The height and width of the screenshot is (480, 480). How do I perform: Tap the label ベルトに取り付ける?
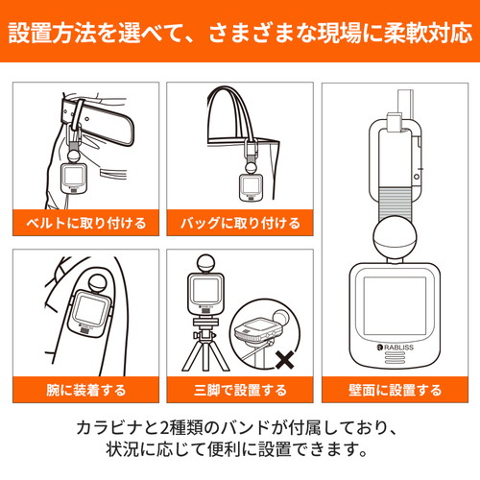[x=86, y=223]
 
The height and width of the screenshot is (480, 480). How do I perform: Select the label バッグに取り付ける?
[x=240, y=223]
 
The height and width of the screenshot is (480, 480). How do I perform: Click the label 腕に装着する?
[x=86, y=390]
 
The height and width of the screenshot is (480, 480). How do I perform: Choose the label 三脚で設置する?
[x=240, y=390]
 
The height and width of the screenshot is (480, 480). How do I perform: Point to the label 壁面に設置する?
[x=396, y=390]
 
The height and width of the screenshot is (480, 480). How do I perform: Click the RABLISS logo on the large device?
[x=396, y=348]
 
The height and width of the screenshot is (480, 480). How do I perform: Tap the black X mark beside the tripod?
[x=284, y=360]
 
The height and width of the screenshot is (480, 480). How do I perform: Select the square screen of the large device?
[x=396, y=306]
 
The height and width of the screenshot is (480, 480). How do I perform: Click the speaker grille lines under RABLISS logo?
[x=395, y=357]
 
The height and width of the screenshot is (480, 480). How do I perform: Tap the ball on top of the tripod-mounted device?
[x=206, y=264]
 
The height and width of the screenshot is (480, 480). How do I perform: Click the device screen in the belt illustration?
[x=73, y=176]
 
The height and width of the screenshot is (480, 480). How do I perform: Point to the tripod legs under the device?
[x=205, y=355]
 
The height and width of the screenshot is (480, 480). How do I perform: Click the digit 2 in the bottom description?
[x=164, y=428]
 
